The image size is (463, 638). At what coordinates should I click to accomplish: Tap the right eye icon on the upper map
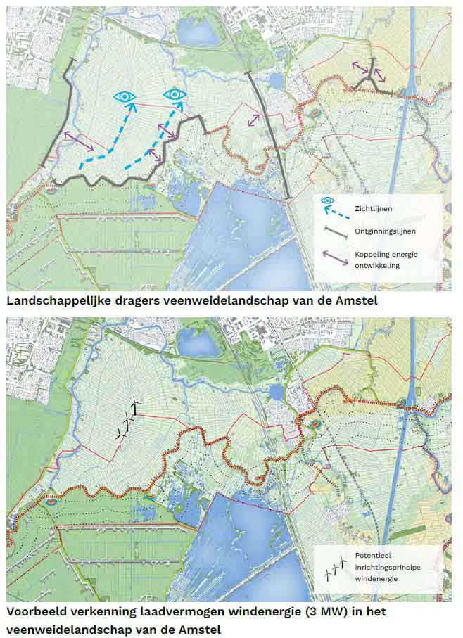(x=174, y=94)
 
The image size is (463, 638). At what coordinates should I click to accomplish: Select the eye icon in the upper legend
(x=326, y=200)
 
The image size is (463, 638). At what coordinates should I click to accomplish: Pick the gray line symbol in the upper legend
(x=335, y=230)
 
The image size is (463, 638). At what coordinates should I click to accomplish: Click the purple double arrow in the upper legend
(x=335, y=257)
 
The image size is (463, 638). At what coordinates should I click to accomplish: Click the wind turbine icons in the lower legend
(x=335, y=568)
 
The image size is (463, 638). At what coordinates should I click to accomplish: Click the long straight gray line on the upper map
(x=269, y=134)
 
